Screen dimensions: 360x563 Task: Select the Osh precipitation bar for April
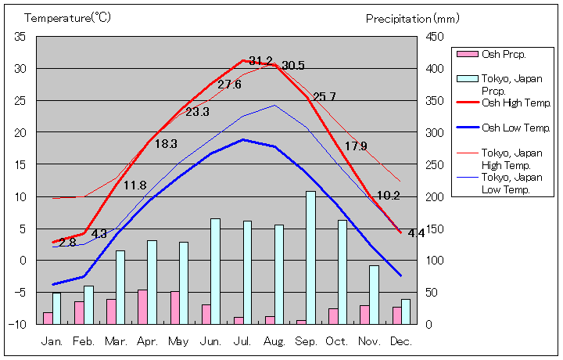[142, 306]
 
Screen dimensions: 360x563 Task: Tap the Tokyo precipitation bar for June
[215, 271]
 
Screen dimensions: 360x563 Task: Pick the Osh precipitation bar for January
[48, 317]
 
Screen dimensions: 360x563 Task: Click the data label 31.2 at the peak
[260, 61]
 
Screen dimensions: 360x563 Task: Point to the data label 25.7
[324, 97]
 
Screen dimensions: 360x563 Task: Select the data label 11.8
[135, 185]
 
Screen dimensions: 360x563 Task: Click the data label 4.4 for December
[416, 232]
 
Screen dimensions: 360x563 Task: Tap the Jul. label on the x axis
[242, 341]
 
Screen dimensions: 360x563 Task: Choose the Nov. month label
[369, 341]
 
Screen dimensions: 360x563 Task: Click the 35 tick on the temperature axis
[20, 37]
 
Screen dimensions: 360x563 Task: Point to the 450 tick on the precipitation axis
[435, 37]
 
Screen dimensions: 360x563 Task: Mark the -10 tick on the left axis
[17, 324]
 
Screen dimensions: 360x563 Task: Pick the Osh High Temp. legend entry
[516, 103]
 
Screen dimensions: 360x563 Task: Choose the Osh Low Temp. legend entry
[516, 128]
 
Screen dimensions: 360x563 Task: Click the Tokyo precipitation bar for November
[374, 294]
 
